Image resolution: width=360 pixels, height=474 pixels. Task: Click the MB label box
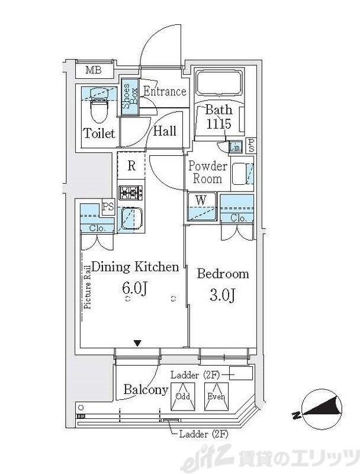point(95,70)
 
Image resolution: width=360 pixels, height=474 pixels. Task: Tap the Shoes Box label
point(130,96)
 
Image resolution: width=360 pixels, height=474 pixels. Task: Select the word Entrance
point(165,91)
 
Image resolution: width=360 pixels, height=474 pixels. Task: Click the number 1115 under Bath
point(218,124)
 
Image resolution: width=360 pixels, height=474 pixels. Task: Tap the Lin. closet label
point(236,148)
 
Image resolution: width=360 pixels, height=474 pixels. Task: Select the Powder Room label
point(208,172)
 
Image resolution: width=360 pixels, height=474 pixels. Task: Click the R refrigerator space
point(131,166)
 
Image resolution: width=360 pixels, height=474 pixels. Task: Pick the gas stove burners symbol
point(131,192)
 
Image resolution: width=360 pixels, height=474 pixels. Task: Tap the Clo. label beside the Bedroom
point(238,217)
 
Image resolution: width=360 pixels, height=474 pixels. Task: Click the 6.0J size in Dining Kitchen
point(134,289)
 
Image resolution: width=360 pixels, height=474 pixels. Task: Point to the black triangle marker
point(138,343)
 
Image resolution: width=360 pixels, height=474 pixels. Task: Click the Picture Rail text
point(88,287)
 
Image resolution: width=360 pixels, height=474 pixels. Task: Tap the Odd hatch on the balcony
point(183,396)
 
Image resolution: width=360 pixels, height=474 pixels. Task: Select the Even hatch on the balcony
point(216,396)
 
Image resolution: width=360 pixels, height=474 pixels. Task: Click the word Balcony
point(146,390)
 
